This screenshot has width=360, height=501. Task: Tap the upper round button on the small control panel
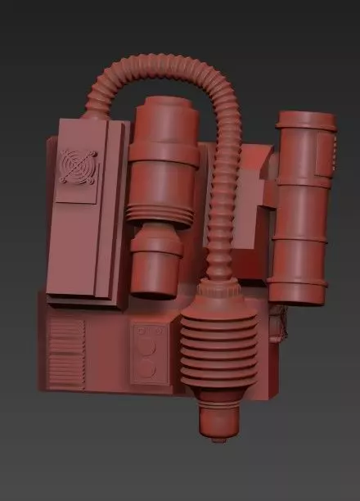pos(147,347)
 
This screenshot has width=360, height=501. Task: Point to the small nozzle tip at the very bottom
pos(217,438)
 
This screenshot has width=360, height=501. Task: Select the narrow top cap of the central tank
pos(164,113)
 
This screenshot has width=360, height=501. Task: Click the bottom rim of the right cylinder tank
pos(298,291)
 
